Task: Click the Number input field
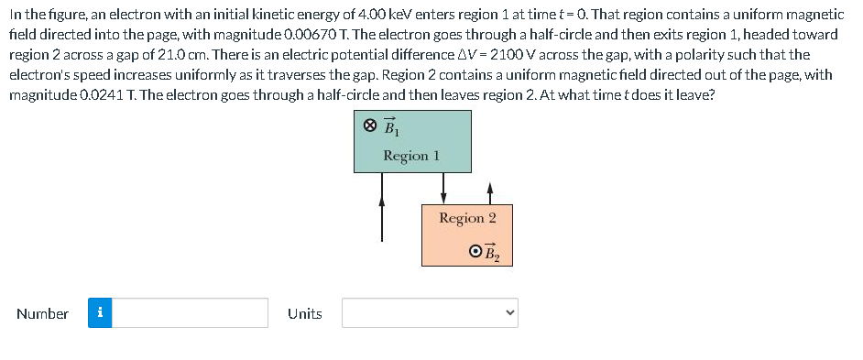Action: (x=191, y=313)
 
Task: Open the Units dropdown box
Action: (x=431, y=313)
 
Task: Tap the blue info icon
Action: (x=100, y=313)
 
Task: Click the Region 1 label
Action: (x=411, y=156)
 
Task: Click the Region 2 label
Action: (x=467, y=218)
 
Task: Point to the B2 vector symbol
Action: (x=491, y=252)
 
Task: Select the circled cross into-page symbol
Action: (x=369, y=125)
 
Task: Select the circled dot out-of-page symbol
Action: (x=474, y=251)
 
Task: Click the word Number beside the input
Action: (x=42, y=313)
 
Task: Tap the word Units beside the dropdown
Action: (x=305, y=313)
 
